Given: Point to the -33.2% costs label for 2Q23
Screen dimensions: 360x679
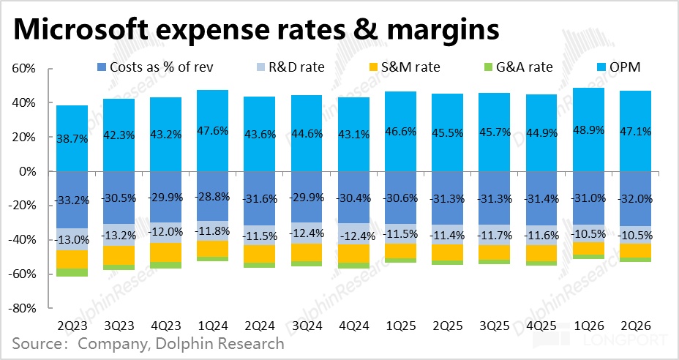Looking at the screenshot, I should pyautogui.click(x=78, y=199).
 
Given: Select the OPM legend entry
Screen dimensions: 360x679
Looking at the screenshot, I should pyautogui.click(x=619, y=67).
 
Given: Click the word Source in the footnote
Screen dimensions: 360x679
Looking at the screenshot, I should pyautogui.click(x=37, y=343).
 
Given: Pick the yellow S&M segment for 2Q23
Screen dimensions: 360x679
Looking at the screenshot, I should pyautogui.click(x=78, y=259).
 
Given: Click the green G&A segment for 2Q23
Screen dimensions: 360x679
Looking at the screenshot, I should pyautogui.click(x=78, y=272).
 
